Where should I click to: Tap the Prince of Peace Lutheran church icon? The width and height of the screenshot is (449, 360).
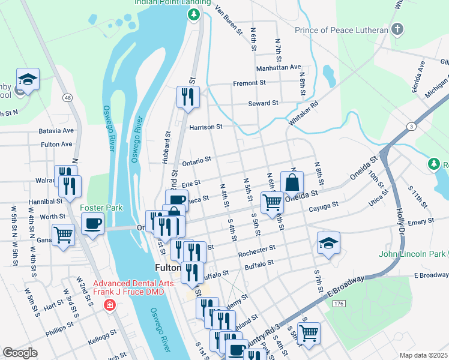point(397,29)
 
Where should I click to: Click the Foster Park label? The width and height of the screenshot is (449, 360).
point(101,208)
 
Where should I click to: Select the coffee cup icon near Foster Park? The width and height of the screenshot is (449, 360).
point(92,224)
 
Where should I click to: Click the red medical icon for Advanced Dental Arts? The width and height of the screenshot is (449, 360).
point(109,305)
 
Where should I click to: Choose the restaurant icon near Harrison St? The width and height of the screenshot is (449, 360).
point(188,97)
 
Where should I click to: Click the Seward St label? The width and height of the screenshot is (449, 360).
point(263,103)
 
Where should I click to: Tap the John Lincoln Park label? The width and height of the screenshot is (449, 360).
point(412,254)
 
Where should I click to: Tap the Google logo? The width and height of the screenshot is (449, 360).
point(20,352)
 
